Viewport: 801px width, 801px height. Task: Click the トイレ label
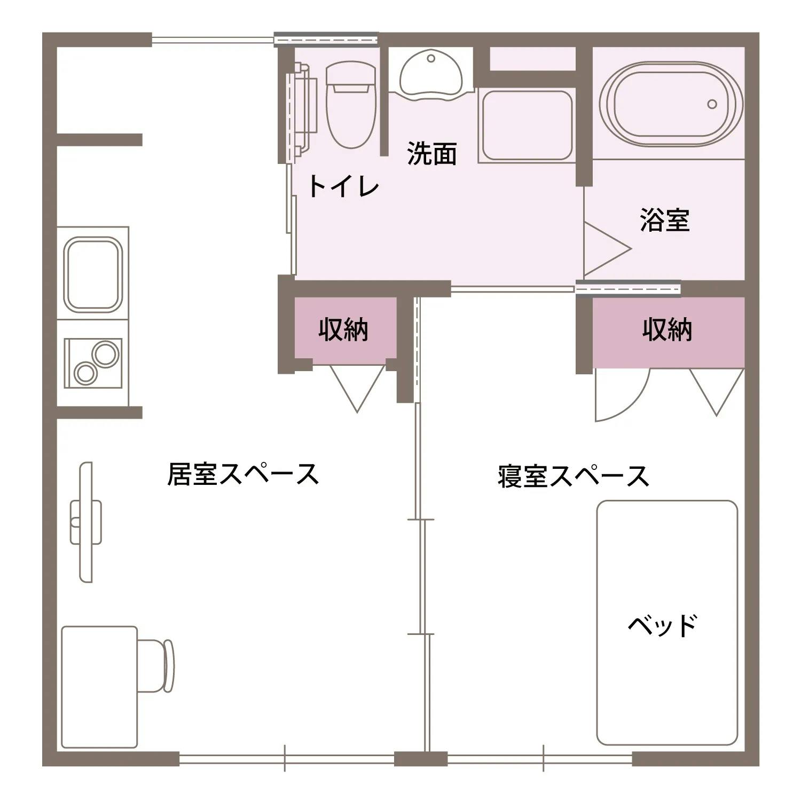pos(343,186)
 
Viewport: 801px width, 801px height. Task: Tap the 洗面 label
pos(431,153)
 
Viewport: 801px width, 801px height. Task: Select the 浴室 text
pos(665,219)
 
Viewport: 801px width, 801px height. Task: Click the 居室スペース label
pos(243,474)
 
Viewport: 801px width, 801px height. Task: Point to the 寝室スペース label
pos(573,476)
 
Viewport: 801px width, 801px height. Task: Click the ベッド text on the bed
pos(663,625)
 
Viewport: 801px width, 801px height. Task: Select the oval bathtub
pos(671,104)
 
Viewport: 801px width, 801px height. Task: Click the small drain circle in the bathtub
pos(712,104)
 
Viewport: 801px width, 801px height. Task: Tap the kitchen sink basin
pos(92,273)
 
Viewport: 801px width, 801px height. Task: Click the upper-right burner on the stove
pos(105,354)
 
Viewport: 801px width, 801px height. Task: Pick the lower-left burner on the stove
pos(84,373)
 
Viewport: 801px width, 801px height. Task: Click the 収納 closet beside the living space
pos(343,329)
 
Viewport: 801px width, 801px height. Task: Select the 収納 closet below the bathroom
pos(667,330)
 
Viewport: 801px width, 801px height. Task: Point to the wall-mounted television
pos(85,522)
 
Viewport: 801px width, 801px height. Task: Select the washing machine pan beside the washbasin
pos(525,125)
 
